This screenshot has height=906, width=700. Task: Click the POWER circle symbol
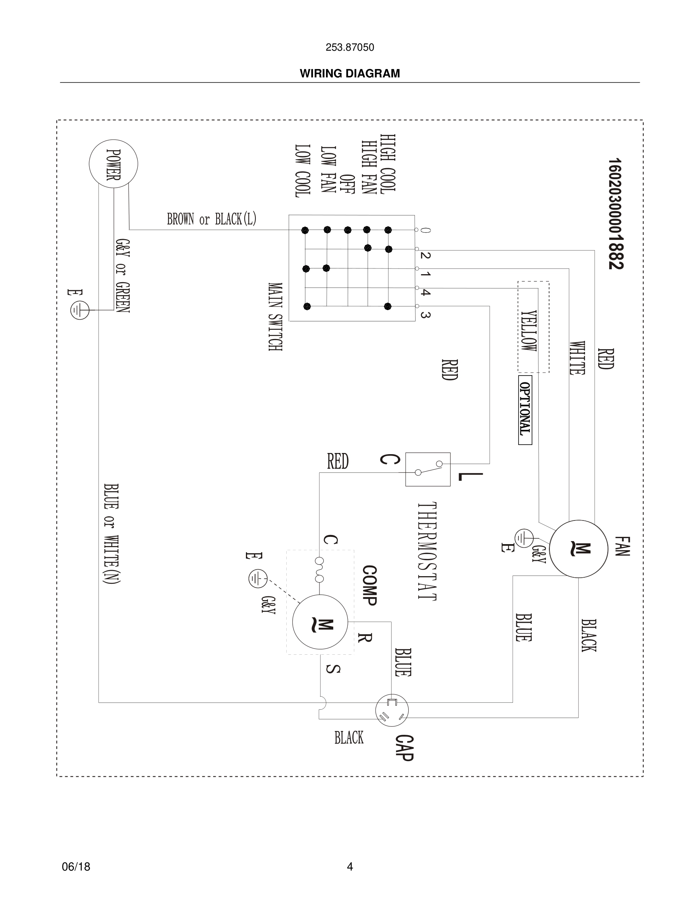click(x=113, y=164)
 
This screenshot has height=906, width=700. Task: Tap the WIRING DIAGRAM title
click(x=350, y=74)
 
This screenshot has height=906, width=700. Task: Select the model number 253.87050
click(x=350, y=48)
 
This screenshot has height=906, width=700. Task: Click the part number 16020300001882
click(x=616, y=214)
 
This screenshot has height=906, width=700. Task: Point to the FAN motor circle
click(x=579, y=548)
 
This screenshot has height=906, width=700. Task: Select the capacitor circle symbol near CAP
click(x=392, y=710)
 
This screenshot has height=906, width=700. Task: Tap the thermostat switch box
click(x=427, y=469)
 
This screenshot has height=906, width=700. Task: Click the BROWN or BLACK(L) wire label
click(x=212, y=219)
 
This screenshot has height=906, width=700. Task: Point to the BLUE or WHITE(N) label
click(x=112, y=534)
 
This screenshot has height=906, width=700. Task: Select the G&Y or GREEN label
click(x=123, y=276)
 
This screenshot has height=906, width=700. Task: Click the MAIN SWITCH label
click(x=275, y=317)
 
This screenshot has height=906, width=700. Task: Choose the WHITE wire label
click(x=577, y=358)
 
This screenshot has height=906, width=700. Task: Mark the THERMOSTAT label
click(x=427, y=551)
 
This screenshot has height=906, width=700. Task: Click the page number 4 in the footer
click(x=350, y=867)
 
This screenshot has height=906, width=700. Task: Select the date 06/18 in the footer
click(x=76, y=867)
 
